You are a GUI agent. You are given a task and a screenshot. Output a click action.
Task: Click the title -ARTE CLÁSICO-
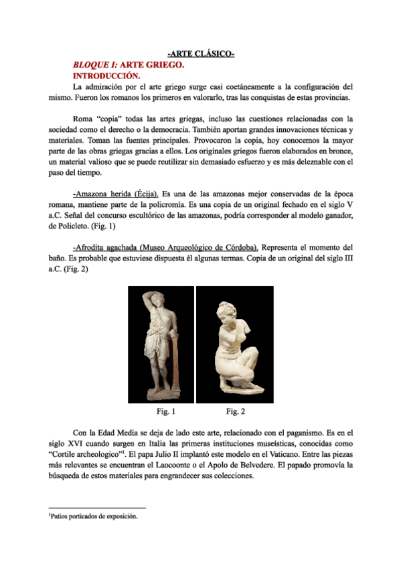[200, 54]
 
